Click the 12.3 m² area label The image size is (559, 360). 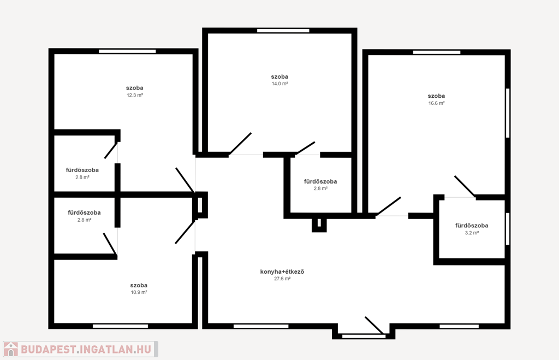pyautogui.click(x=135, y=95)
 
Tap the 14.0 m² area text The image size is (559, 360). pyautogui.click(x=280, y=84)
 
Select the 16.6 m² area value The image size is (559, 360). pyautogui.click(x=436, y=103)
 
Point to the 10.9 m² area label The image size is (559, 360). pyautogui.click(x=139, y=292)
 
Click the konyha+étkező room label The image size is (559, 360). pyautogui.click(x=282, y=272)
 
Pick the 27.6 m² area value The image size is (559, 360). pyautogui.click(x=282, y=279)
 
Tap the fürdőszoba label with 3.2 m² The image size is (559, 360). pyautogui.click(x=472, y=226)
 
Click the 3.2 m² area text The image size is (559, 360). pyautogui.click(x=472, y=233)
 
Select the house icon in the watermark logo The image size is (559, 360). pyautogui.click(x=11, y=349)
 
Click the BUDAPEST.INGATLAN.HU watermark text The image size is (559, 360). pyautogui.click(x=86, y=349)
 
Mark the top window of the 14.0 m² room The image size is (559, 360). pyautogui.click(x=283, y=31)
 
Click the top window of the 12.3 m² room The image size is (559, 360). pyautogui.click(x=127, y=51)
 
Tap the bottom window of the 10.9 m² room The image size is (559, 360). pyautogui.click(x=121, y=326)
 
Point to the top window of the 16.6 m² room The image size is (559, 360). pyautogui.click(x=437, y=52)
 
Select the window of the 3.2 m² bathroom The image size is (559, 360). pyautogui.click(x=508, y=229)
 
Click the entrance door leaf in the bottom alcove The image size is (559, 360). pyautogui.click(x=374, y=326)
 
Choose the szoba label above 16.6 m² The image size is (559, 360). pyautogui.click(x=436, y=96)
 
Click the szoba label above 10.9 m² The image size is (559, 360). pyautogui.click(x=139, y=285)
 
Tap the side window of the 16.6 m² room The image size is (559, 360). pyautogui.click(x=508, y=113)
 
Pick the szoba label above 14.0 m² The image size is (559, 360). pyautogui.click(x=279, y=76)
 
